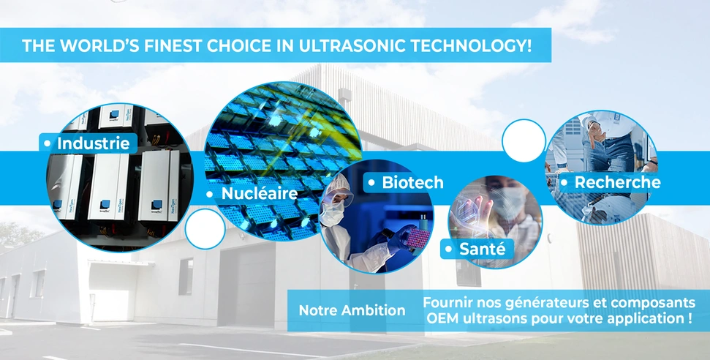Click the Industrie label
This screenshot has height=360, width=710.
[94, 143]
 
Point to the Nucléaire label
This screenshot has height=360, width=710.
[260, 194]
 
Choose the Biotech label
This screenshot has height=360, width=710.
[412, 182]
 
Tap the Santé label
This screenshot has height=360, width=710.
[483, 249]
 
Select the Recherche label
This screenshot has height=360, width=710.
[617, 182]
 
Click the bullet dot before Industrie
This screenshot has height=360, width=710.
[47, 143]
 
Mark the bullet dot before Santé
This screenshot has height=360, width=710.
[449, 249]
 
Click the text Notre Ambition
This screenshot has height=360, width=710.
[352, 310]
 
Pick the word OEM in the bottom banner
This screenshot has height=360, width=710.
[438, 318]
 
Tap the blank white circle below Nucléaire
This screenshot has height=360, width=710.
[205, 229]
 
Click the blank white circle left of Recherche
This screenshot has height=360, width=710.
[524, 140]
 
